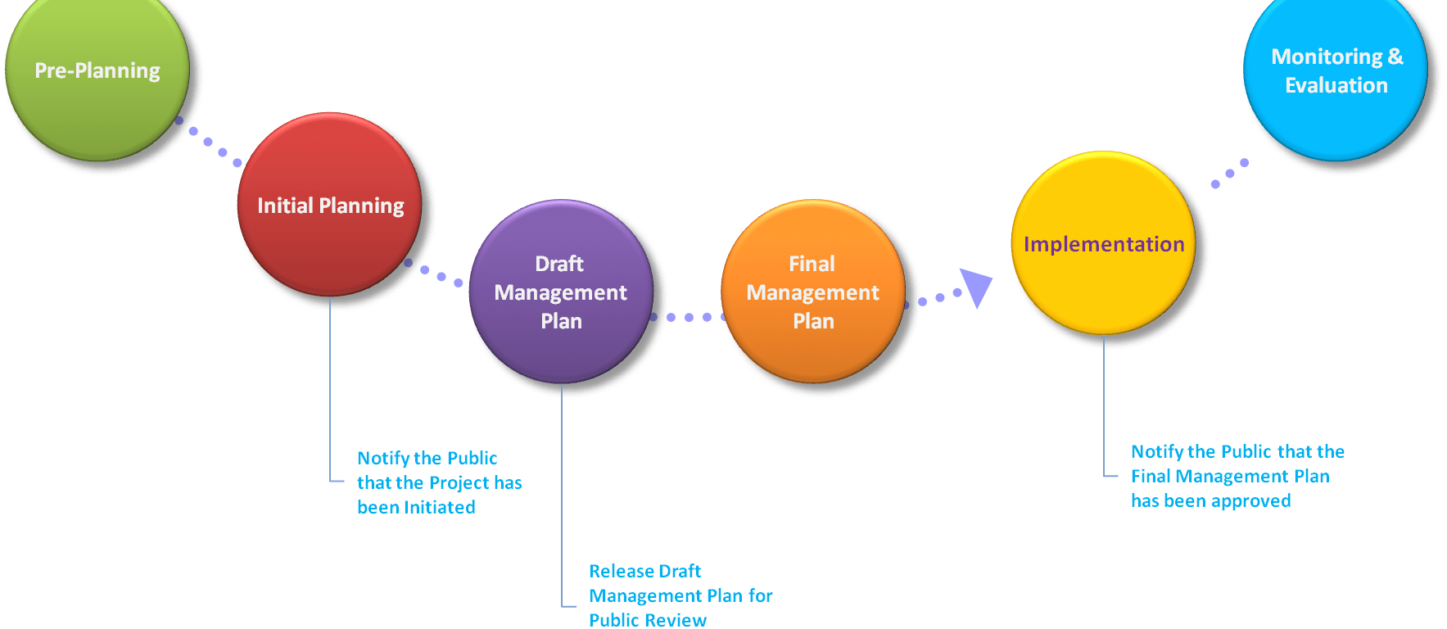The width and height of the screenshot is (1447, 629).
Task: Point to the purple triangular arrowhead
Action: [x=976, y=287]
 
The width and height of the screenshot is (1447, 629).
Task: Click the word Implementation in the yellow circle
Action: [x=1104, y=244]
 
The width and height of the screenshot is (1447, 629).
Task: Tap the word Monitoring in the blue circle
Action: [x=1327, y=57]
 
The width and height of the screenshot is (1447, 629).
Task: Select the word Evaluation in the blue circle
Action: [x=1336, y=85]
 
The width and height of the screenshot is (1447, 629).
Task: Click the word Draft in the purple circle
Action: [x=559, y=264]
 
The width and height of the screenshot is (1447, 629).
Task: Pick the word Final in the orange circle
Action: [x=812, y=264]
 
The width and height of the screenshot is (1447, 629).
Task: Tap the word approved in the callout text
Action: [x=1250, y=500]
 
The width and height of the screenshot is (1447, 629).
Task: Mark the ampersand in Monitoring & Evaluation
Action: [x=1395, y=57]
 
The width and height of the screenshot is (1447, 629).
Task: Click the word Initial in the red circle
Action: [x=284, y=206]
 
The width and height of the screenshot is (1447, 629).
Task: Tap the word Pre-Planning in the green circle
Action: [x=97, y=70]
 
